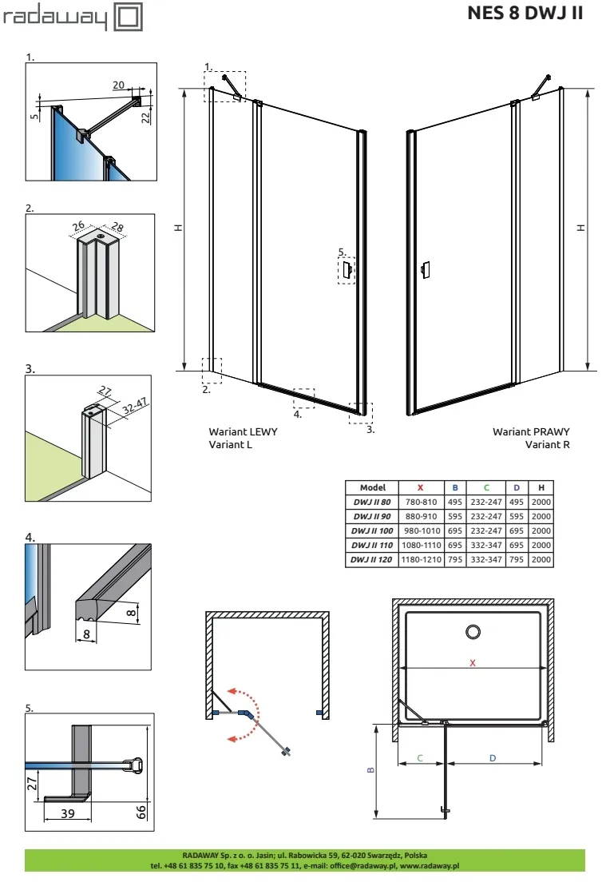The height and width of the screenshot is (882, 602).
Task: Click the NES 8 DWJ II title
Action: (x=525, y=15)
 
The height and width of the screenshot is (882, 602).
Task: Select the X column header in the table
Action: (x=420, y=487)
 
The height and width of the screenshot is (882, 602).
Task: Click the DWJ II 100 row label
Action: (x=373, y=530)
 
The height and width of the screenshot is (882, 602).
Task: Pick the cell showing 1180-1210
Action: (x=420, y=560)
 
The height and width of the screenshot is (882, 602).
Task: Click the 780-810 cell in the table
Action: (x=420, y=502)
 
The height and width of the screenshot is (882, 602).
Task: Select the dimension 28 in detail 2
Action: (x=118, y=228)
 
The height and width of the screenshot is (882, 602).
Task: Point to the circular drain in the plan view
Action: (x=473, y=632)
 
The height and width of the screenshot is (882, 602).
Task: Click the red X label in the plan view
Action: (x=473, y=663)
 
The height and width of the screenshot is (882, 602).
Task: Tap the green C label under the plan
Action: (x=420, y=757)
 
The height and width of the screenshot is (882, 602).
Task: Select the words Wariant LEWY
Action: (x=243, y=431)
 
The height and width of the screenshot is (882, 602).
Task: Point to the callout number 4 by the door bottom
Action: (x=297, y=415)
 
